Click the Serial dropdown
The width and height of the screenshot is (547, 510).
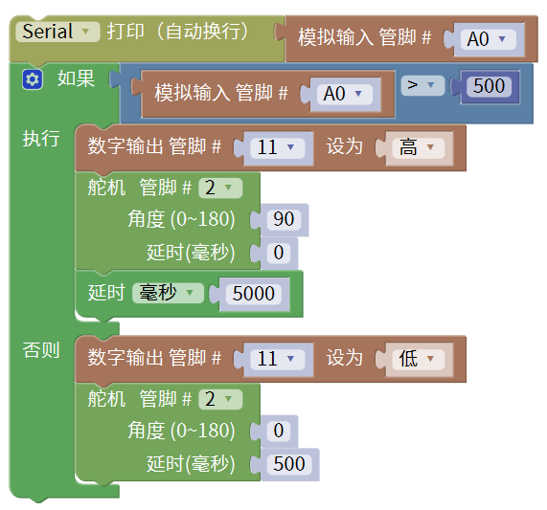coord(57,32)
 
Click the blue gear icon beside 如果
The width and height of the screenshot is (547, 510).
coord(33,79)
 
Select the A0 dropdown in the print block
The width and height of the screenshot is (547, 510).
coord(488,39)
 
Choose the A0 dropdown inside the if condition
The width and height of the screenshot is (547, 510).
coord(344,94)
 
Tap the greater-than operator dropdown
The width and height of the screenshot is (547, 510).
coord(422,85)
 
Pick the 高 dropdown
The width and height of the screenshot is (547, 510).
coord(418,147)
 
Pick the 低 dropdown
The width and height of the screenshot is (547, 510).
coord(418,359)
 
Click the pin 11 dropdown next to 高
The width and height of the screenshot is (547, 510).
coord(278,147)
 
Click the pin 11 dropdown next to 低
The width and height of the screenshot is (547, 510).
coord(278,359)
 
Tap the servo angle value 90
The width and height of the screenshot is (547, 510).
coord(284,219)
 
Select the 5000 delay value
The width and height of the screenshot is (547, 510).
coord(254,294)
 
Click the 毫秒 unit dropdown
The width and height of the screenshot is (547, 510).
coord(168,293)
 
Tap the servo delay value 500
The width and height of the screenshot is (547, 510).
coord(289,464)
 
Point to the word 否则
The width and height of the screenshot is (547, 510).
coord(41,350)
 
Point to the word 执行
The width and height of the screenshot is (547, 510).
coord(41,139)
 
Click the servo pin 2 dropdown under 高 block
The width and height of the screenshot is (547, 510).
coord(220,188)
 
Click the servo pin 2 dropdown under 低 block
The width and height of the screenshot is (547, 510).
coord(220,399)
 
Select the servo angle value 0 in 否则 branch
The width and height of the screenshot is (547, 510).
coord(279,431)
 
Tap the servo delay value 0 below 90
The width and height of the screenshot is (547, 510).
coord(279,253)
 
